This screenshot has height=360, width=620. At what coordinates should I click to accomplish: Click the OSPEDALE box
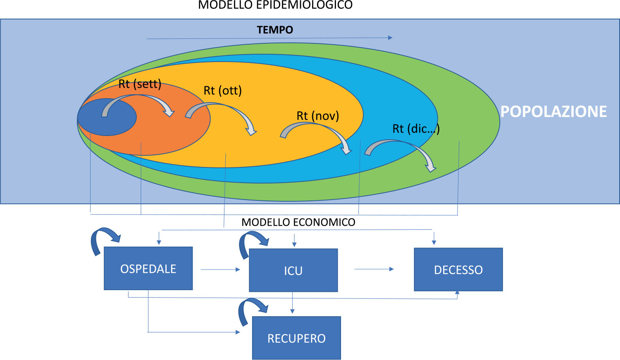pyautogui.click(x=148, y=269)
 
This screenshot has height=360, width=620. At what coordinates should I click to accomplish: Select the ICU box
pyautogui.click(x=293, y=270)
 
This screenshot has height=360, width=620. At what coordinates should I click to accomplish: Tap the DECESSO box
pyautogui.click(x=458, y=269)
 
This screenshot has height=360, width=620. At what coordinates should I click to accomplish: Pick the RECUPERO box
pyautogui.click(x=296, y=338)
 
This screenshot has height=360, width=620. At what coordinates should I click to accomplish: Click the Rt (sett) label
pyautogui.click(x=140, y=84)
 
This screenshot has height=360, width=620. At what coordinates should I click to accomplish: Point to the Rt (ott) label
pyautogui.click(x=222, y=91)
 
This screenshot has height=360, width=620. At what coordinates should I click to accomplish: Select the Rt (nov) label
pyautogui.click(x=317, y=116)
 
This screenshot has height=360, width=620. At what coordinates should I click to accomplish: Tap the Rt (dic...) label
pyautogui.click(x=416, y=129)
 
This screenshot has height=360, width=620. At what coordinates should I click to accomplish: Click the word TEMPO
pyautogui.click(x=275, y=30)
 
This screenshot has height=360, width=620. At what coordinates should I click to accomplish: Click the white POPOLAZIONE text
pyautogui.click(x=553, y=112)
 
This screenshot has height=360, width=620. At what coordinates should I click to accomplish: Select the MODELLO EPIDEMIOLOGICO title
pyautogui.click(x=275, y=5)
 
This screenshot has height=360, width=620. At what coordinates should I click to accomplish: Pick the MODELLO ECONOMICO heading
pyautogui.click(x=298, y=222)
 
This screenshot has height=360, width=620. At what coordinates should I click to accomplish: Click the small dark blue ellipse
pyautogui.click(x=107, y=117)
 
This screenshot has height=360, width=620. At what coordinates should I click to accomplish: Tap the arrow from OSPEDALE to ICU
pyautogui.click(x=220, y=269)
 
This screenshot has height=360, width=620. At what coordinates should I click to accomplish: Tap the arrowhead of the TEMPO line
pyautogui.click(x=390, y=38)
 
